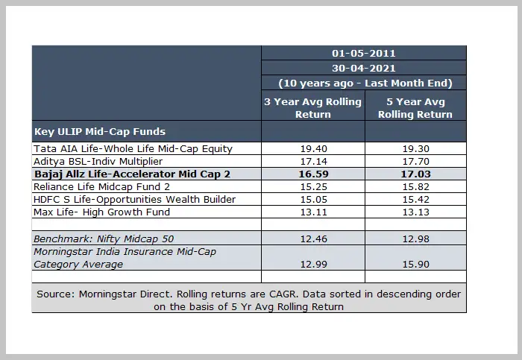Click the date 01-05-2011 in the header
tap(363, 53)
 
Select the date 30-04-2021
tap(363, 67)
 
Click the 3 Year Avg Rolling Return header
tap(312, 108)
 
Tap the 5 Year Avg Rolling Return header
tap(415, 108)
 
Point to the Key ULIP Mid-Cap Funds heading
tap(100, 131)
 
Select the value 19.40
tap(312, 149)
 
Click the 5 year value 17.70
tap(415, 161)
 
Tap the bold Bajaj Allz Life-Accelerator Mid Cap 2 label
tap(132, 174)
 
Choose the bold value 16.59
tap(312, 174)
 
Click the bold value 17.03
tap(415, 174)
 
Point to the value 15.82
tap(415, 186)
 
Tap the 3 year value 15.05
tap(312, 199)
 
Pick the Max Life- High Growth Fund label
tap(102, 212)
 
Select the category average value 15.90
tap(415, 264)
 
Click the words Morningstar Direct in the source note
tap(118, 294)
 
